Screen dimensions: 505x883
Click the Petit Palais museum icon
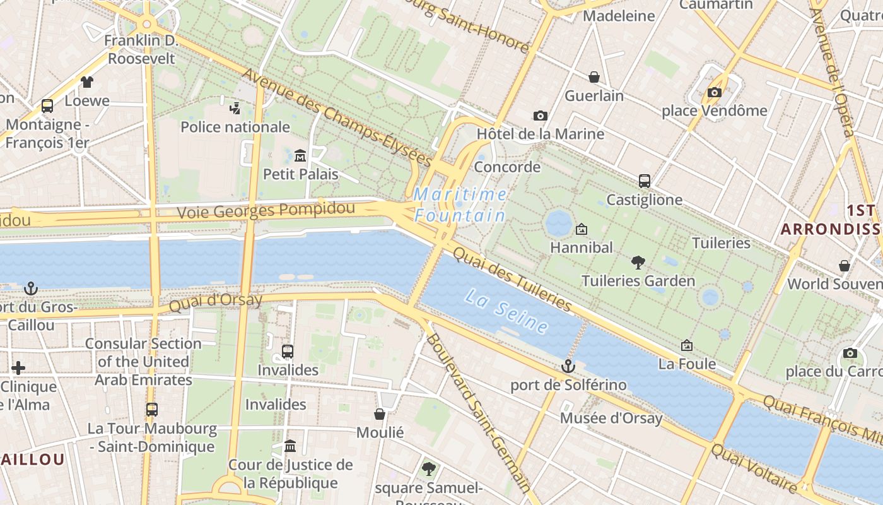pos(300,155)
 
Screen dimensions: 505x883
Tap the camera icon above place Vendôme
pos(714,93)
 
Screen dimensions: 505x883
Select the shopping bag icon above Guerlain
pos(594,77)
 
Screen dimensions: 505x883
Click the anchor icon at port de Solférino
pos(568,366)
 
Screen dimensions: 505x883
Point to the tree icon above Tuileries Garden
pos(638,262)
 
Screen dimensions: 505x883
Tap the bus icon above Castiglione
pos(644,181)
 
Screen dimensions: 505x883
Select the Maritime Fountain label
pos(460,205)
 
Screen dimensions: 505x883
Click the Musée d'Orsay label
pos(611,418)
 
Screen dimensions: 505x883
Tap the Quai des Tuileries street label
pos(512,278)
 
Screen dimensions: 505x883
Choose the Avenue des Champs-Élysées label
pos(337,118)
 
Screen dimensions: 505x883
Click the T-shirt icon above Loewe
pos(86,82)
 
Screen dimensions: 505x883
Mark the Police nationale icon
pos(235,108)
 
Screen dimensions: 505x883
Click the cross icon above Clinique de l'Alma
pos(18,368)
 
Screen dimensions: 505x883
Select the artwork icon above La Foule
pos(687,345)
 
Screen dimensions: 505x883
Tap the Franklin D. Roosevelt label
pos(141,50)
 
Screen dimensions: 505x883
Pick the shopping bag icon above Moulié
pos(380,414)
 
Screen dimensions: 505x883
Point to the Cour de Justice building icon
pos(290,446)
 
